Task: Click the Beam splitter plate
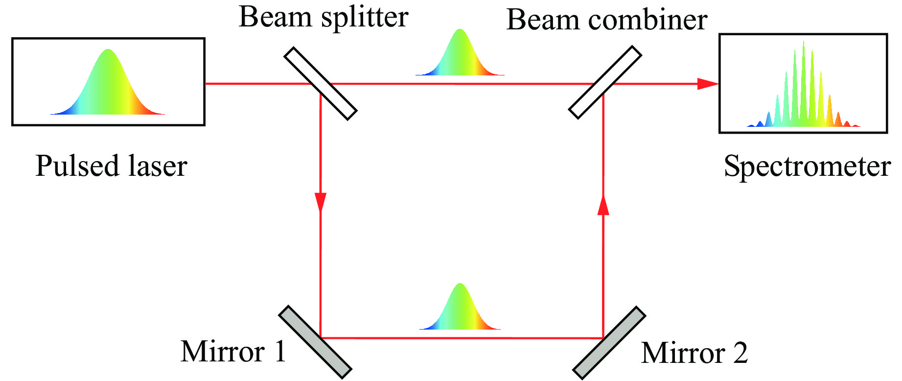coord(321,83)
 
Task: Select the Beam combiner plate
coord(605,82)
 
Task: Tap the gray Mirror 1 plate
coord(315,342)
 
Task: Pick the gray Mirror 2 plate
coord(609,343)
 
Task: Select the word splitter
coord(365,18)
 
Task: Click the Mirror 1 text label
coord(233,352)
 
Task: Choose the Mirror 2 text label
coord(694,353)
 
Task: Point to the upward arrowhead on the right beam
coord(603,205)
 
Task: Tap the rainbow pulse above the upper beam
coord(460,54)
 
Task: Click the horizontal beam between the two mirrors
coord(460,338)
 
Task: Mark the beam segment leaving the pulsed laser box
coord(254,84)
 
